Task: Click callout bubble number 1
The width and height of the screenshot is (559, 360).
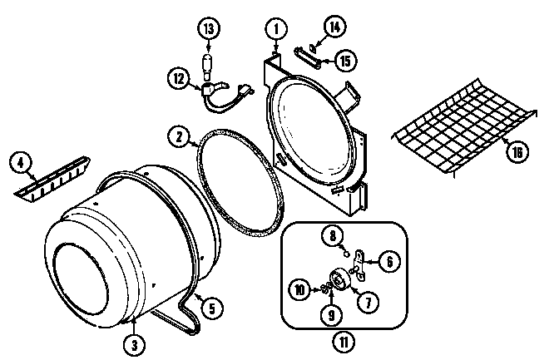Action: point(272,27)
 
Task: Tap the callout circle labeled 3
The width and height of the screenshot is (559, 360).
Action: point(132,341)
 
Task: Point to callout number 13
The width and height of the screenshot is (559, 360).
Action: point(209,29)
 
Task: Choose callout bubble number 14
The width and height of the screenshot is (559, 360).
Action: point(334,27)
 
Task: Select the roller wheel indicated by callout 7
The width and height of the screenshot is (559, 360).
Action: point(339,280)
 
